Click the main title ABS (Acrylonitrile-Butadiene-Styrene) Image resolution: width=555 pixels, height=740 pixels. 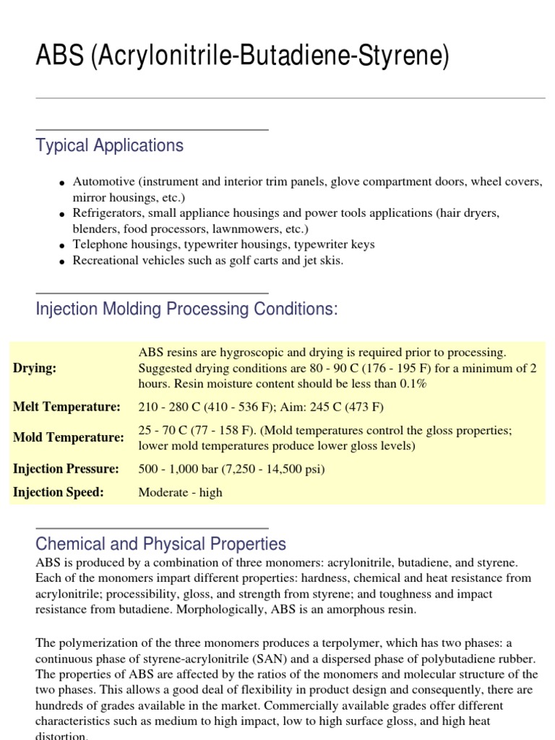(242, 57)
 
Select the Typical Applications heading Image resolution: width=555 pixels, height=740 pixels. (110, 145)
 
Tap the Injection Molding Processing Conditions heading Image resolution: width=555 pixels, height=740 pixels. (186, 309)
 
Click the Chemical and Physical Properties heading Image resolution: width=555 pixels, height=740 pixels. (160, 543)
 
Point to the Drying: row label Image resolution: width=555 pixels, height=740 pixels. (35, 368)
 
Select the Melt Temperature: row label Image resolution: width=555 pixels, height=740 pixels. (66, 407)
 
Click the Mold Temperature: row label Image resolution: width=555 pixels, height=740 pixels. (68, 437)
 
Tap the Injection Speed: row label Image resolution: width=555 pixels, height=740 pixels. (59, 492)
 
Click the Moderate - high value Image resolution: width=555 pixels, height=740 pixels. (180, 493)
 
